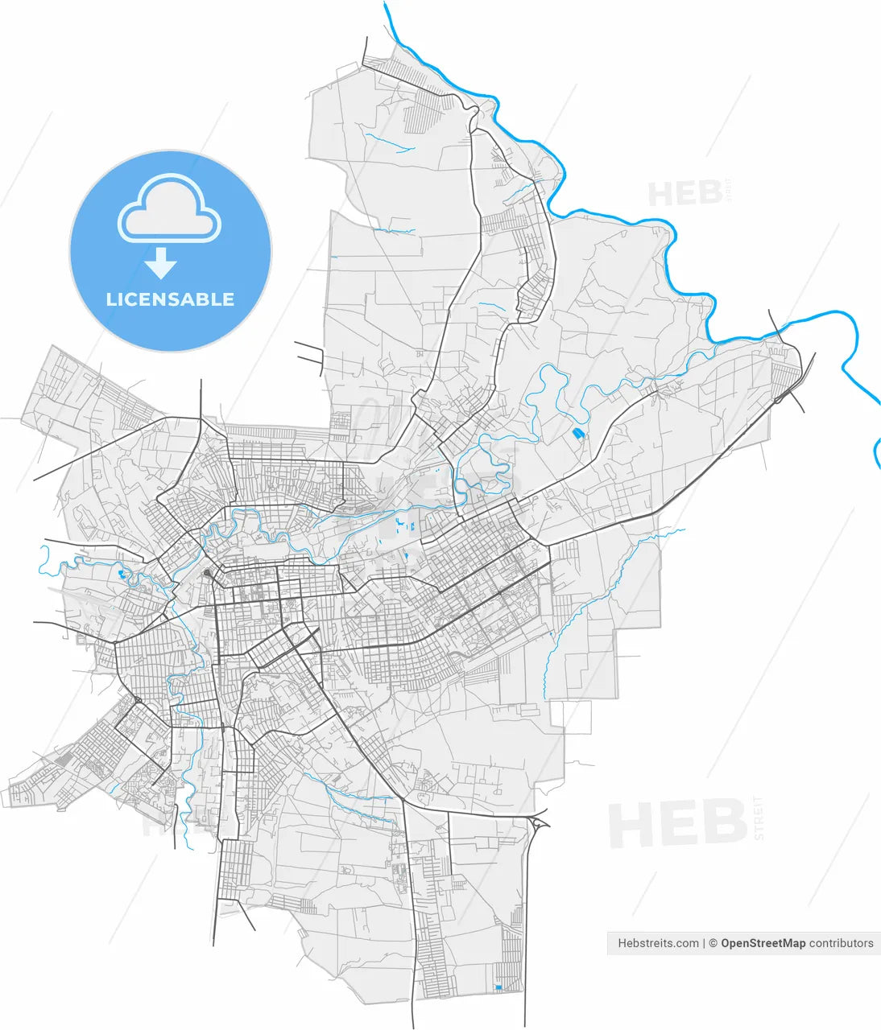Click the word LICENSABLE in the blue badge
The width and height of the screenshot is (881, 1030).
tap(170, 299)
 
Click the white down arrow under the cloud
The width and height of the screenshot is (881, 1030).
tap(161, 262)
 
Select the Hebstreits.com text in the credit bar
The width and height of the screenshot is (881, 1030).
tap(658, 943)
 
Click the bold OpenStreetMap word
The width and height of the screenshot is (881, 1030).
tap(763, 943)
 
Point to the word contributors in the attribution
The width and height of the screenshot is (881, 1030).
tap(841, 943)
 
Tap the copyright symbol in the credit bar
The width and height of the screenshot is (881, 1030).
tap(713, 943)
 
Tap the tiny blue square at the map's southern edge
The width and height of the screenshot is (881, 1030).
tap(498, 987)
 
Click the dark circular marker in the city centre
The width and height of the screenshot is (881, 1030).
tap(208, 573)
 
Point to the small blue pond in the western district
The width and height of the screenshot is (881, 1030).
tap(122, 575)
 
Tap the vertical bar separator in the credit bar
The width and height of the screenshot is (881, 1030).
tap(704, 943)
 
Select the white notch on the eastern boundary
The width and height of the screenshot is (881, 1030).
tap(577, 716)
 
